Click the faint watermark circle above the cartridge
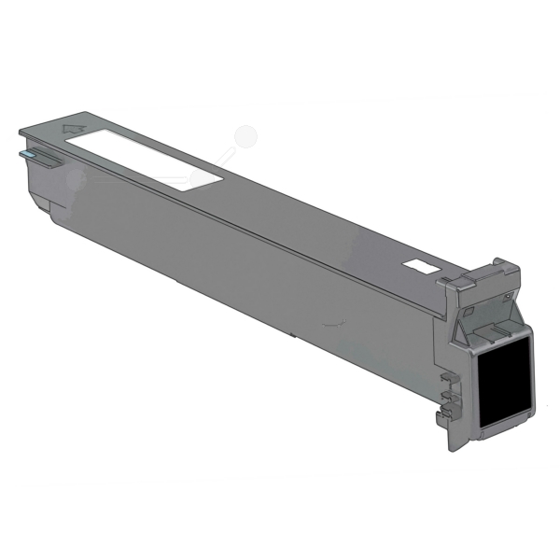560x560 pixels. [245, 137]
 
